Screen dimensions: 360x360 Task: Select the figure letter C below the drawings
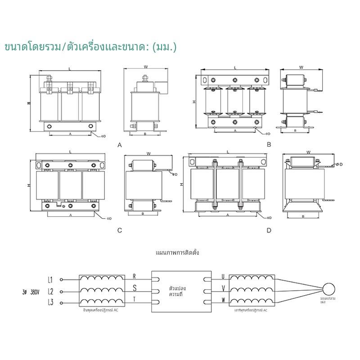tap(120, 230)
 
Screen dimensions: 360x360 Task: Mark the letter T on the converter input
tap(134, 299)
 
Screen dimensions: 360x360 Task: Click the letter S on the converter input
tap(134, 287)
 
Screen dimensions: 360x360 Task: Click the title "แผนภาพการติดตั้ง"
tap(177, 253)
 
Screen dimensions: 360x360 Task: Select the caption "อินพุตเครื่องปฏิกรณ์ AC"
tap(101, 310)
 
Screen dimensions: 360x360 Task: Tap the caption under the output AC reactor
tap(251, 310)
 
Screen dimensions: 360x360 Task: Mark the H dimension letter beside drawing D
tap(181, 185)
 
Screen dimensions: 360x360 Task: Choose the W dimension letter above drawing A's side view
tap(145, 67)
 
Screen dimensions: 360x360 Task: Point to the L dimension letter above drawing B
tap(235, 67)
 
